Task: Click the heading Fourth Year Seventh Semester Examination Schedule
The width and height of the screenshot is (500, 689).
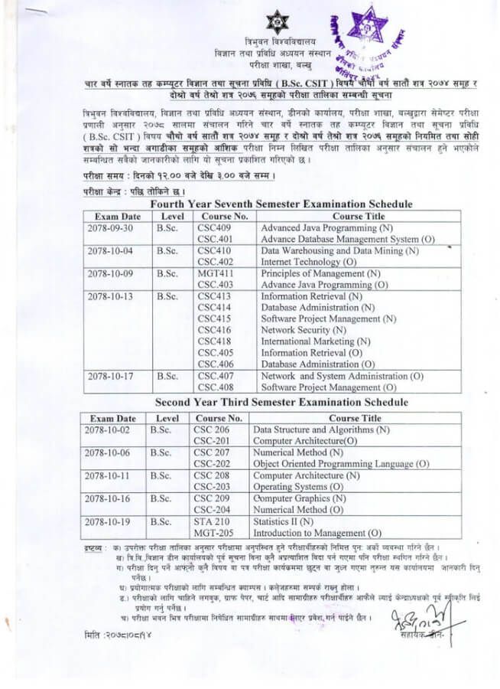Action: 281,204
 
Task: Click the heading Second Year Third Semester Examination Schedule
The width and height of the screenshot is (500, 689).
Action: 281,402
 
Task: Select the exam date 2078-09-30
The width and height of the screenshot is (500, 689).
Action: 110,228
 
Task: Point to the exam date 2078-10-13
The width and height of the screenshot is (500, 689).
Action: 110,296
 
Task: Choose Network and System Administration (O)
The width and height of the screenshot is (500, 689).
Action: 342,376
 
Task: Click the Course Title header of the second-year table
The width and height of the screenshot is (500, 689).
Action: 355,419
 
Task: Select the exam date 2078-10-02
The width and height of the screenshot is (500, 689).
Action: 109,430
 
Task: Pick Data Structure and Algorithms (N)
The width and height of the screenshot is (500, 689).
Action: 321,430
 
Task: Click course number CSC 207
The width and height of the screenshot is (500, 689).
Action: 212,452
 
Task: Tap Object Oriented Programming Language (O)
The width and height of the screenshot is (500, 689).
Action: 341,464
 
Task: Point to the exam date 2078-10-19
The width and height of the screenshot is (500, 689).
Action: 109,521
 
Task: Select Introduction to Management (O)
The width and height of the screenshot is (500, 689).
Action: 317,533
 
